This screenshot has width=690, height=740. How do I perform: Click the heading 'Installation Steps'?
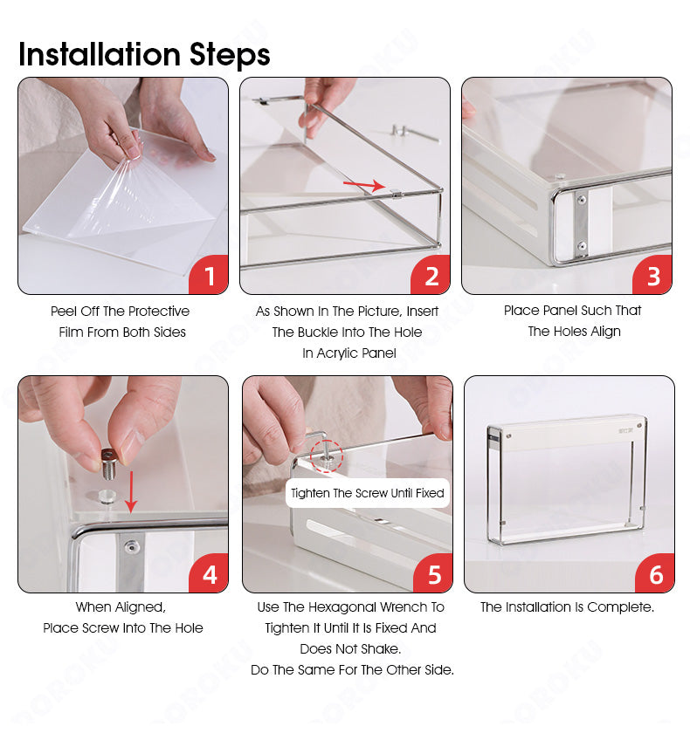click(144, 54)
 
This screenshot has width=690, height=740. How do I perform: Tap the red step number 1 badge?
click(209, 276)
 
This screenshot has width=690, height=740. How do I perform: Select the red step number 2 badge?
click(431, 276)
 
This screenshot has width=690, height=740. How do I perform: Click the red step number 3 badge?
click(652, 276)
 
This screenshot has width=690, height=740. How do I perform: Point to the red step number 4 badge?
click(209, 574)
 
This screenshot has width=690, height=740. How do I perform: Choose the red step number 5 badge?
click(433, 574)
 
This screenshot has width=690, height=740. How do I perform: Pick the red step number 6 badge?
click(655, 574)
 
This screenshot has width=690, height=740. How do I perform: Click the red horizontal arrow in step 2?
click(363, 185)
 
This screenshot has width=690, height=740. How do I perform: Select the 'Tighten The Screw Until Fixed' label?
click(368, 493)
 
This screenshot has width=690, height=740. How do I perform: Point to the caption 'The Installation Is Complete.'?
click(567, 607)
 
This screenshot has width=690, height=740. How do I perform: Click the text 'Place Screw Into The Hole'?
click(123, 628)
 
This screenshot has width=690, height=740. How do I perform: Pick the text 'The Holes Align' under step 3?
click(574, 332)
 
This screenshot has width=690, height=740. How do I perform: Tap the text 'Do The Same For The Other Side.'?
click(352, 670)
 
